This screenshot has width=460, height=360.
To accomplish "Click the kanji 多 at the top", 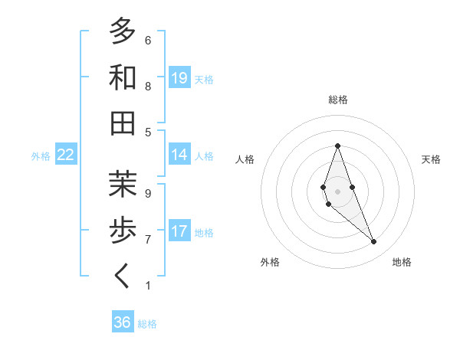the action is coord(123,31).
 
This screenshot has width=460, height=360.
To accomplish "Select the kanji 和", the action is coord(123,77).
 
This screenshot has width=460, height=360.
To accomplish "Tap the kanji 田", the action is coord(123,123).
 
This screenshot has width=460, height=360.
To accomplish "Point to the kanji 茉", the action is coord(123,184).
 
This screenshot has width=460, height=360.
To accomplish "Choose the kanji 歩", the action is coord(123,230).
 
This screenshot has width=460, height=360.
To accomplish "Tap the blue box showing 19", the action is coord(179,77).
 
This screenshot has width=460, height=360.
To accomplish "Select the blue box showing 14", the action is coord(179,154).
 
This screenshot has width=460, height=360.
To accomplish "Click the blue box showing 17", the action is coord(179,231).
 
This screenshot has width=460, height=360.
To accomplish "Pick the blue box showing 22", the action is coord(66,155).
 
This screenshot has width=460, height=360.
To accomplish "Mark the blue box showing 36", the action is coord(123,322).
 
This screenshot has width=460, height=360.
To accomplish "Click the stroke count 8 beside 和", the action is coord(148,86).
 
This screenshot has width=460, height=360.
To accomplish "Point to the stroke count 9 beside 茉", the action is coord(148,193).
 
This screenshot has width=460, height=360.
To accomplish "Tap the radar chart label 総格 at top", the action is coord(338,100).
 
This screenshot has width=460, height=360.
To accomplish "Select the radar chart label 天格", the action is coord(431,159).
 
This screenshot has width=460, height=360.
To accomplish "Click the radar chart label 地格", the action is coord(402,262).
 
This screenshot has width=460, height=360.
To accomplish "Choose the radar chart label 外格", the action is coord(270,262).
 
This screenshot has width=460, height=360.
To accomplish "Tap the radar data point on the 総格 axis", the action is coord(337,146).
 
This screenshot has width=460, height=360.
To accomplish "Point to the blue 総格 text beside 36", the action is coord(147,324).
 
